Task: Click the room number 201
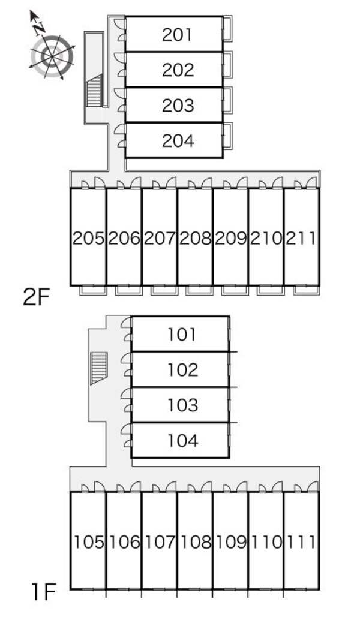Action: point(178,35)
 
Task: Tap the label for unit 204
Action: point(178,141)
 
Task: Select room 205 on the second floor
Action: point(88,239)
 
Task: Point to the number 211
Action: point(301,239)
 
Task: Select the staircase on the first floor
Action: point(98,368)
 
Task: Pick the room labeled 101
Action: point(182,334)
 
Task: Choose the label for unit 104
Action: point(182,441)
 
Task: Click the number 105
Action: point(88,543)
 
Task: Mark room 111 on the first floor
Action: point(301,543)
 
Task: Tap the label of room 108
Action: point(195,543)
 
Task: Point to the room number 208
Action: point(195,239)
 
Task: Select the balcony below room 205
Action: point(89,290)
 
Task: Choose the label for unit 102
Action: point(182,369)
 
